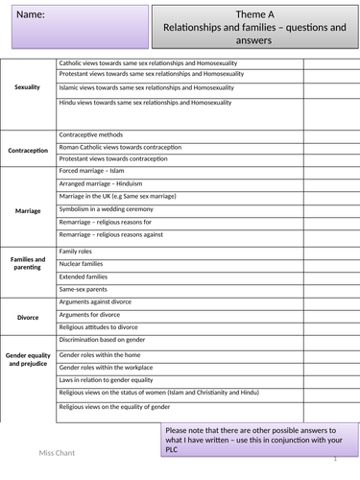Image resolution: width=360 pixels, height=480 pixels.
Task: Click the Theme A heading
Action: (254, 14)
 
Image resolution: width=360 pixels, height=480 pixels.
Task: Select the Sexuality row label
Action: (28, 87)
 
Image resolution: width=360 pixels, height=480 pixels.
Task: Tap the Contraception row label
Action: (28, 151)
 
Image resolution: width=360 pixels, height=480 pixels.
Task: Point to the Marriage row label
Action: (28, 209)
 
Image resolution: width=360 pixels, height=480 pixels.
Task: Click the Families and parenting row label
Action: (28, 263)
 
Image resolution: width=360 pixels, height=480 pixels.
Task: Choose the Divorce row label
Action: (28, 316)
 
